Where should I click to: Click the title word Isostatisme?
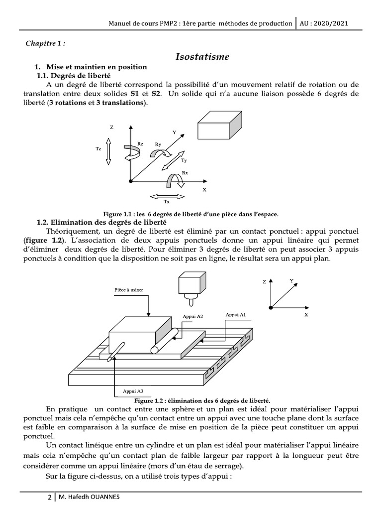click(x=202, y=57)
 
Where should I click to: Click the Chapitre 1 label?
click(x=45, y=43)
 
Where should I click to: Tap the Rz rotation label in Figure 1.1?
click(x=141, y=144)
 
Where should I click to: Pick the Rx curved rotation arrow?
click(x=176, y=180)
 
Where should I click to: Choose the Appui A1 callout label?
click(x=235, y=315)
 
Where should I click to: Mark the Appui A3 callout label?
click(x=133, y=391)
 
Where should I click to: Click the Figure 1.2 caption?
click(x=202, y=400)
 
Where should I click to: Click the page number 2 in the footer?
click(x=49, y=498)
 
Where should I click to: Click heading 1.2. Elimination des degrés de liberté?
click(x=101, y=222)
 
